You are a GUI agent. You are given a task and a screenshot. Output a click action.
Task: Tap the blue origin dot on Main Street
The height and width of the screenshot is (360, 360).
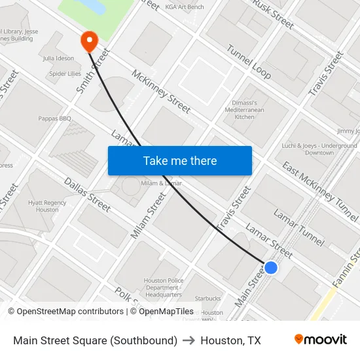(270, 267)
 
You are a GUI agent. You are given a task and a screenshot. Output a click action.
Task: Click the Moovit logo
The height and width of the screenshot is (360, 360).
(321, 340)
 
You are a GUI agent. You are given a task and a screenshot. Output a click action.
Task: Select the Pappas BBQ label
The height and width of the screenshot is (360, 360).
(56, 118)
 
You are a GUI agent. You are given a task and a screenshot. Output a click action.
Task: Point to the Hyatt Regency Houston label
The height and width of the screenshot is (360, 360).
(47, 206)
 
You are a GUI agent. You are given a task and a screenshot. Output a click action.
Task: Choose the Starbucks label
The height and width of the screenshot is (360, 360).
(208, 298)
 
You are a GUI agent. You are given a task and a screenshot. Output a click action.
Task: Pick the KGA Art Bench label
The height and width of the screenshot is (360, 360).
(185, 7)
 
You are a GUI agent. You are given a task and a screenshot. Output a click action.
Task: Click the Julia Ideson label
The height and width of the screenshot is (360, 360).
(58, 58)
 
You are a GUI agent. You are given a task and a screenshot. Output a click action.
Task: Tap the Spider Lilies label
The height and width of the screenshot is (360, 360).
(65, 74)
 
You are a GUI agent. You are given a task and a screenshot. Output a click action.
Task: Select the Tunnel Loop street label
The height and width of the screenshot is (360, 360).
(249, 62)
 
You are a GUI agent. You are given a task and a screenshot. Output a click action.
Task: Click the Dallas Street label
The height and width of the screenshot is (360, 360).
(87, 194)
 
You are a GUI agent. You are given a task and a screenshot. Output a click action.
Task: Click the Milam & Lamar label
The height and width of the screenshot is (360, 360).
(161, 183)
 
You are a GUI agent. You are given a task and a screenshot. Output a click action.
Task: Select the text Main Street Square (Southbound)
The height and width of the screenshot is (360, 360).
(96, 340)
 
